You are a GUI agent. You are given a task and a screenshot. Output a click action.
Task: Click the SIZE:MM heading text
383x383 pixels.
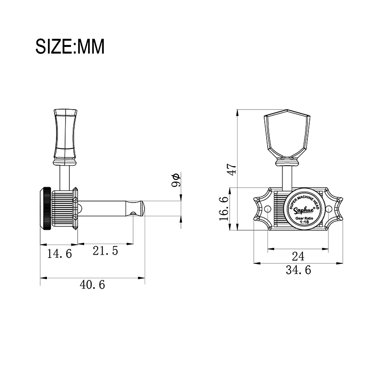click(x=70, y=46)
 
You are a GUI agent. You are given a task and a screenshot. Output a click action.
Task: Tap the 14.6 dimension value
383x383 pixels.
click(x=59, y=254)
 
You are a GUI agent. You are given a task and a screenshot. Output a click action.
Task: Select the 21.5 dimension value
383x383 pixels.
click(x=105, y=251)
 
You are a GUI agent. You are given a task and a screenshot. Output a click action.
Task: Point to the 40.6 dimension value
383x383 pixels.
click(x=92, y=285)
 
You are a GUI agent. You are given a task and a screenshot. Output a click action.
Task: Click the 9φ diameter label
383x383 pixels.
click(x=176, y=180)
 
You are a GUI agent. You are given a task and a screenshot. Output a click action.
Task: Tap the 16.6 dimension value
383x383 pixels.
click(x=224, y=209)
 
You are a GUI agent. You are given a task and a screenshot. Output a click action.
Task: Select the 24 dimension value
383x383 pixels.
click(x=298, y=256)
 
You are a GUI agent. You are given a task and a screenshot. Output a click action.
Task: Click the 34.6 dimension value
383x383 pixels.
click(x=298, y=270)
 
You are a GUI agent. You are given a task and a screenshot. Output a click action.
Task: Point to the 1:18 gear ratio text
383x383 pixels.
click(x=304, y=222)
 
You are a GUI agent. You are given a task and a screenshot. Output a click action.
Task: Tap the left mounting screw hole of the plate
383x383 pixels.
click(x=268, y=209)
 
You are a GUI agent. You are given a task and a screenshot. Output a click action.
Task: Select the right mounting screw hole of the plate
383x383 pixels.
click(x=329, y=209)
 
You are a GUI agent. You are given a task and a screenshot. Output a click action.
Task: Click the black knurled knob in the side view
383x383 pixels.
click(x=45, y=209)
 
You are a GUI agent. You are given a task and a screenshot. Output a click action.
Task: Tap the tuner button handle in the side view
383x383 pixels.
click(x=65, y=137)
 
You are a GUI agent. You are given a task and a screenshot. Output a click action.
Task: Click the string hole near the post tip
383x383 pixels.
click(x=133, y=214)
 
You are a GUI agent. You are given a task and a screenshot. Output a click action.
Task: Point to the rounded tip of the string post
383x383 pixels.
click(x=143, y=208)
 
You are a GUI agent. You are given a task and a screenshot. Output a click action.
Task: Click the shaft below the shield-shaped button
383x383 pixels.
click(x=287, y=178)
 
